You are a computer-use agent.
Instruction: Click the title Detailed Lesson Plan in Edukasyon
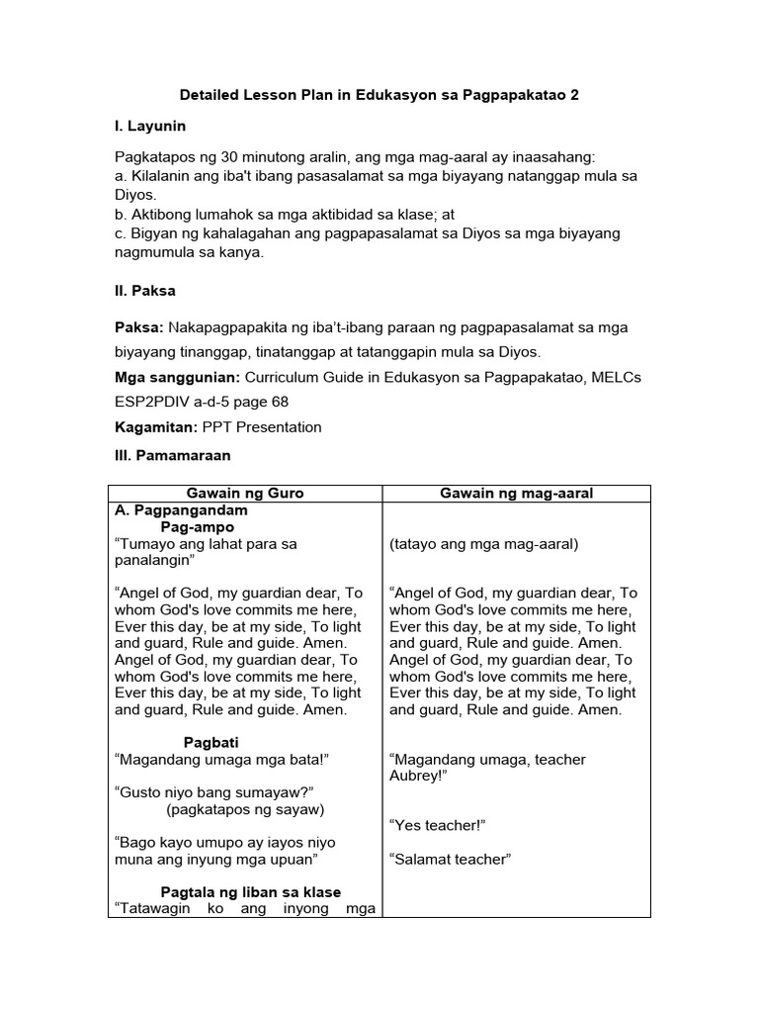pos(379,96)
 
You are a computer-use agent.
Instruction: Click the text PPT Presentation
pos(262,427)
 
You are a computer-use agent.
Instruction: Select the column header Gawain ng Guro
pos(245,494)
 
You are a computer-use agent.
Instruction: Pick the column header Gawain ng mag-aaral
pos(517,494)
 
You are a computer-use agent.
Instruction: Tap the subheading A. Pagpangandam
pos(182,511)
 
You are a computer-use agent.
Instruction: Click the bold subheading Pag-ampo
pos(198,527)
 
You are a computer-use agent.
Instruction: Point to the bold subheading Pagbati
pos(211,742)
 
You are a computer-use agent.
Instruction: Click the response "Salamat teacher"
pos(450,859)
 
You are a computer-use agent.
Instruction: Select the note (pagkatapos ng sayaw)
pos(246,809)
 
